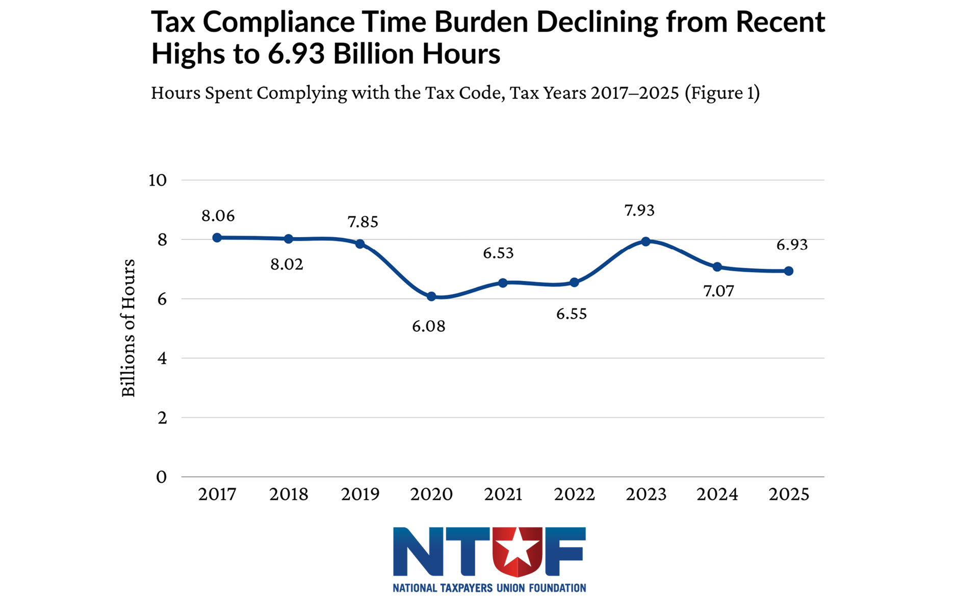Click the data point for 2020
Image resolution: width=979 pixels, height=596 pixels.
tap(431, 296)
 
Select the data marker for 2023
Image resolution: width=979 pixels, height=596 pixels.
tap(646, 241)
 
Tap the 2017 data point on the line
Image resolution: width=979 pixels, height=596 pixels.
tap(217, 238)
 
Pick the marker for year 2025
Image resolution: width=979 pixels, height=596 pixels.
tap(788, 271)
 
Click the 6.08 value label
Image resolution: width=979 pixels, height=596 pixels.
tap(428, 326)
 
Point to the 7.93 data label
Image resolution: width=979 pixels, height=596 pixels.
tap(639, 211)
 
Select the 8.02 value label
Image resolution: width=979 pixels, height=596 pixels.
tap(287, 265)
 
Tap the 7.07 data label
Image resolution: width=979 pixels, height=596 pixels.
tap(718, 291)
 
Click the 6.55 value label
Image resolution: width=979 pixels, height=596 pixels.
tap(571, 314)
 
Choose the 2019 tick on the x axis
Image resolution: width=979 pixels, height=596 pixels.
tap(360, 494)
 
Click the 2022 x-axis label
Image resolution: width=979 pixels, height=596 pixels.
tap(574, 494)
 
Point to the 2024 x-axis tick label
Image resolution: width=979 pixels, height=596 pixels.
tap(717, 494)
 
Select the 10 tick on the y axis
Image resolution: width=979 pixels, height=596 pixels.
tap(158, 180)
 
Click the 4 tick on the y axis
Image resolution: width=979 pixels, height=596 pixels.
tap(162, 358)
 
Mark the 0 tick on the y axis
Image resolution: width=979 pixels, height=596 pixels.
tap(162, 477)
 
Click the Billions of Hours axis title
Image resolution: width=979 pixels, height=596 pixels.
tap(128, 328)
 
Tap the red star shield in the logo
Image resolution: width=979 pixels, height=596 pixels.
tap(517, 551)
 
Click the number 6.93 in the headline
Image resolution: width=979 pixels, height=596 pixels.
tap(296, 54)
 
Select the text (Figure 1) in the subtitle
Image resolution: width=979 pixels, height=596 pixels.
tap(722, 93)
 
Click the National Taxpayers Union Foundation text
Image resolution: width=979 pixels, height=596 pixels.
tap(489, 588)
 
